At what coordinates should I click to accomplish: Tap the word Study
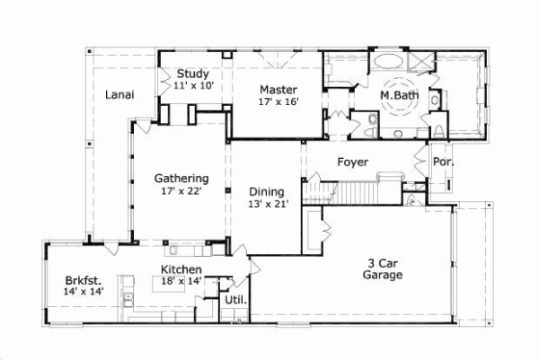pos(192,74)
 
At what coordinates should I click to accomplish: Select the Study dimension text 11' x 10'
pos(192,85)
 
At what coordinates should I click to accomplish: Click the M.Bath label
pos(396,94)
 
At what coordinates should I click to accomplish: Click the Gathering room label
pos(181,178)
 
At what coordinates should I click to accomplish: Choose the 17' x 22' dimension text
pos(181,190)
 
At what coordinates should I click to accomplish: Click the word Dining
pos(267,192)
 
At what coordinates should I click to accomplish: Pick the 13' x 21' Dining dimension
pos(267,205)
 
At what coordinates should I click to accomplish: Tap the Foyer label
pos(353,162)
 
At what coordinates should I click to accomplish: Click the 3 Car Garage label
pos(384,269)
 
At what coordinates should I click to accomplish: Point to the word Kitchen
pos(181,270)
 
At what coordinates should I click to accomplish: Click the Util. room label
pos(236,300)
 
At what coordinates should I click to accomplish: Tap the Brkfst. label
pos(82,279)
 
